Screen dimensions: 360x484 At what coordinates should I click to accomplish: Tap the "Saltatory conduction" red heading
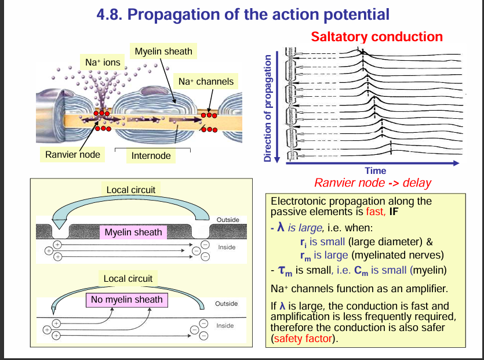(x=377, y=37)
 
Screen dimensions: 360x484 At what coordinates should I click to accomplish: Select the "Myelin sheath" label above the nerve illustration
(x=163, y=52)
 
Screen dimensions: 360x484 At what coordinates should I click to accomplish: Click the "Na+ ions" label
(x=103, y=61)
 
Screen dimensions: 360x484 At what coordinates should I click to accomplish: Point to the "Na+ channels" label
(x=206, y=82)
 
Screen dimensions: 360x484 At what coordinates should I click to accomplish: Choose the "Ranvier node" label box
(x=72, y=154)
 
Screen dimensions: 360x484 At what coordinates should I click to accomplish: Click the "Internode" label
(x=151, y=155)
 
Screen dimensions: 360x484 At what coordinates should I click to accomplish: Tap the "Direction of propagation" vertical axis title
(x=267, y=108)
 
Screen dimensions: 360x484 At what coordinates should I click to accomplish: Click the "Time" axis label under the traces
(x=376, y=170)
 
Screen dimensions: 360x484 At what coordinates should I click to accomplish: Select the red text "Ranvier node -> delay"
(x=372, y=183)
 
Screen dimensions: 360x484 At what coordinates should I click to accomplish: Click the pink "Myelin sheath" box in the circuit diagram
(x=133, y=232)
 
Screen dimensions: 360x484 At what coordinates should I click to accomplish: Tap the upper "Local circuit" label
(x=131, y=190)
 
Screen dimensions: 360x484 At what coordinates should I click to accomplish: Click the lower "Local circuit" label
(x=128, y=278)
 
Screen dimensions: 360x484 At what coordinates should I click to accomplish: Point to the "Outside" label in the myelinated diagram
(x=228, y=220)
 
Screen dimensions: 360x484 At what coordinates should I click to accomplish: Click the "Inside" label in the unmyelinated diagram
(x=225, y=326)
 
